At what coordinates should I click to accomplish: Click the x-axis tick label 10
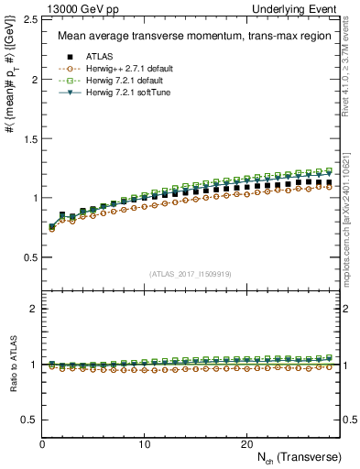(145, 444)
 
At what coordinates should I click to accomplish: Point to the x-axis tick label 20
(246, 444)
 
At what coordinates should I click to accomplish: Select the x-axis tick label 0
(43, 444)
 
